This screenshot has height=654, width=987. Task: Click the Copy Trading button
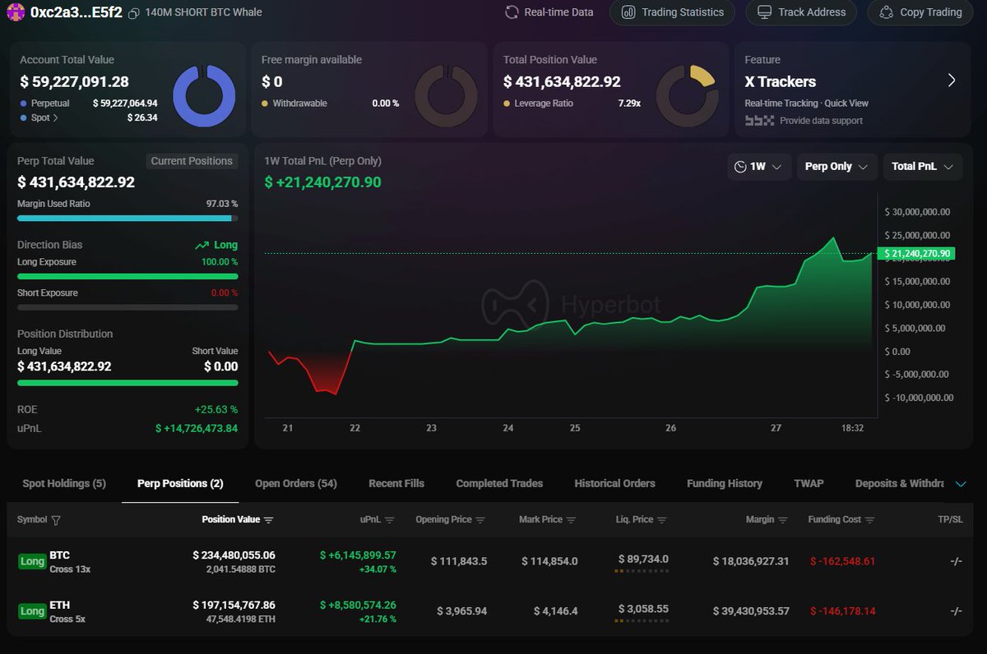(x=920, y=12)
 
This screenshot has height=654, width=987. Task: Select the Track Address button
(x=801, y=12)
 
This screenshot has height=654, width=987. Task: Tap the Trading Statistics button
(x=673, y=12)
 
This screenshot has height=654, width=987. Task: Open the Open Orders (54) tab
(x=296, y=483)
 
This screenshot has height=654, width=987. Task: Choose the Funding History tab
(x=725, y=483)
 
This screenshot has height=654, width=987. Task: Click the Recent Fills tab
(x=396, y=483)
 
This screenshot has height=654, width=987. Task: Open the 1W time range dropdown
(x=759, y=167)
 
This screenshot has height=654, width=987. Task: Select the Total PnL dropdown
(x=922, y=167)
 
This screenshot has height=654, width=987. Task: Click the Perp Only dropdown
(x=836, y=167)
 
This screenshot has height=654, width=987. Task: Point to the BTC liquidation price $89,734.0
(x=643, y=559)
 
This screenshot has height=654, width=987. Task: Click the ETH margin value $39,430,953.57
(x=751, y=611)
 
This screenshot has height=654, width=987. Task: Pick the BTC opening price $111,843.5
(x=459, y=561)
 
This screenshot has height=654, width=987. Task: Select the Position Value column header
(x=231, y=519)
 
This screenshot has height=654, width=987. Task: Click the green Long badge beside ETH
(x=32, y=611)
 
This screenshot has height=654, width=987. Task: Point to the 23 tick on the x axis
(x=431, y=428)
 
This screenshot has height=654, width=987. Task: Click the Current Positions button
(x=192, y=161)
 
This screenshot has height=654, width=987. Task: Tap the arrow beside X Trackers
(x=952, y=81)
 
